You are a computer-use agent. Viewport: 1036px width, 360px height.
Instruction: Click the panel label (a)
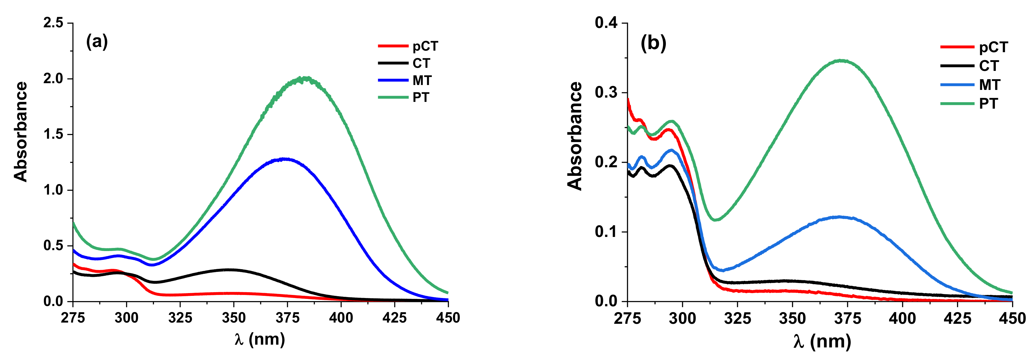tap(97, 41)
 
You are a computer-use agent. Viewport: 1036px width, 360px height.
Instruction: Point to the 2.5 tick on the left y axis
tap(53, 23)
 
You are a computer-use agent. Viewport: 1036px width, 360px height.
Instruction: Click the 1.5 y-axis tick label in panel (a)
tap(53, 134)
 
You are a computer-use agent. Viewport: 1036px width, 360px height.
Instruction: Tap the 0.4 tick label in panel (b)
tap(606, 23)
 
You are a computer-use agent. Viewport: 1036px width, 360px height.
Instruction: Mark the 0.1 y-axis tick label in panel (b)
tap(606, 232)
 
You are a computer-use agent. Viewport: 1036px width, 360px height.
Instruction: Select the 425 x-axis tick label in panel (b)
tap(957, 319)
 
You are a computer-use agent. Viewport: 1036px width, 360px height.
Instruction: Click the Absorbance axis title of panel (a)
tap(21, 132)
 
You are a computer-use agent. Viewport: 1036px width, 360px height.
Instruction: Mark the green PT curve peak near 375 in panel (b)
tap(841, 61)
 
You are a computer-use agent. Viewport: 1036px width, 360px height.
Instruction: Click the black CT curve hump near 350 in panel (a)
tap(228, 270)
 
